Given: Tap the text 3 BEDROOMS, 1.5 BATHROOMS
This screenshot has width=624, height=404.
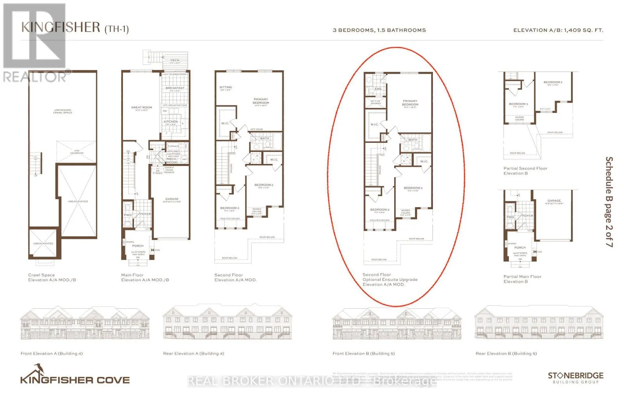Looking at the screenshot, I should click(379, 30).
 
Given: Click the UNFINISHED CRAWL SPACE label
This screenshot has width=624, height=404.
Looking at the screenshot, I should click(63, 111).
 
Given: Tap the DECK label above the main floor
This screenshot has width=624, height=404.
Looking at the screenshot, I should click(175, 61).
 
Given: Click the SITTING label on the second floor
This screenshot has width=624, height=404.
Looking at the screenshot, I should click(225, 88).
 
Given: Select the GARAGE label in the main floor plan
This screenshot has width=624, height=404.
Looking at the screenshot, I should click(172, 199).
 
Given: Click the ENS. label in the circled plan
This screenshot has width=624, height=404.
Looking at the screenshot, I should click(378, 89).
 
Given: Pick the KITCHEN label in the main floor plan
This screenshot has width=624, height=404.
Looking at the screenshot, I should click(170, 122).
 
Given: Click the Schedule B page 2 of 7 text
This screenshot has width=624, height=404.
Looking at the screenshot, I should click(609, 201).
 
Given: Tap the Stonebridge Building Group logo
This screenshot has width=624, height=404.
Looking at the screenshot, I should click(575, 377).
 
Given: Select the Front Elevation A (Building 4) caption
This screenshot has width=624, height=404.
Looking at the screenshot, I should click(51, 354).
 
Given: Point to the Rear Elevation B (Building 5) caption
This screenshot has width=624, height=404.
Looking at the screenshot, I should click(506, 354).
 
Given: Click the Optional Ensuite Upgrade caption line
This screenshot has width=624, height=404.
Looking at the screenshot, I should click(390, 279).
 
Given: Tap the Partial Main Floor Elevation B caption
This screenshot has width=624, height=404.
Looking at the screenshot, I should click(522, 279).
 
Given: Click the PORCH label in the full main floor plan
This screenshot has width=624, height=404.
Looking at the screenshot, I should click(138, 246).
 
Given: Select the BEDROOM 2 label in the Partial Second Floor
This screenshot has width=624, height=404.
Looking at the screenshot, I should click(553, 82).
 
